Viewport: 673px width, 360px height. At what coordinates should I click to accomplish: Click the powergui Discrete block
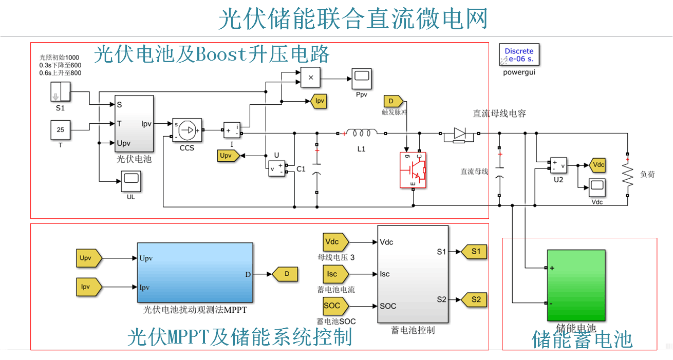pyautogui.click(x=519, y=55)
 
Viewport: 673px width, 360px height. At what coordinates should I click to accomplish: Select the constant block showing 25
pyautogui.click(x=60, y=130)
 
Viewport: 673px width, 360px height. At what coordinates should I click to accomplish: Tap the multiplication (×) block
pyautogui.click(x=310, y=78)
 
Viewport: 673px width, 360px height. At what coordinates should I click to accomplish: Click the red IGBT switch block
pyautogui.click(x=414, y=170)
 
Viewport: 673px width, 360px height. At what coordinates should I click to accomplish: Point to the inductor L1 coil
pyautogui.click(x=362, y=133)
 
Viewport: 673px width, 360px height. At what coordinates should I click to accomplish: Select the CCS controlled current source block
pyautogui.click(x=187, y=130)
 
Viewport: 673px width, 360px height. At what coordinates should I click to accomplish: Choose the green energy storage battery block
pyautogui.click(x=576, y=286)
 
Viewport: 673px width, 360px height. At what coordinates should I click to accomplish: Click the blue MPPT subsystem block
pyautogui.click(x=195, y=273)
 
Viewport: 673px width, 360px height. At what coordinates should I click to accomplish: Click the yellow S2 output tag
pyautogui.click(x=475, y=299)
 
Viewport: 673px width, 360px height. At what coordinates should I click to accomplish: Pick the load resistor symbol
pyautogui.click(x=627, y=175)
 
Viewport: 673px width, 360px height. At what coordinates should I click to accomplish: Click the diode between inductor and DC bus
pyautogui.click(x=459, y=134)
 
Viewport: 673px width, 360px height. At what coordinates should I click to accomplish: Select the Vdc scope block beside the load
pyautogui.click(x=597, y=188)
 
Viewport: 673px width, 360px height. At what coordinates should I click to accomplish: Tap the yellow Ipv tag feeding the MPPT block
pyautogui.click(x=88, y=287)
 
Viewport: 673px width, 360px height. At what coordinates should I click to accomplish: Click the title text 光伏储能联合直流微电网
pyautogui.click(x=352, y=20)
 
